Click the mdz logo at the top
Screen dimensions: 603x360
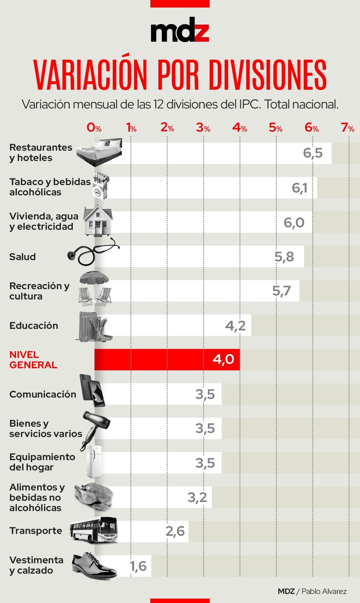[180, 30]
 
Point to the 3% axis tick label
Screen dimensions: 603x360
[203, 128]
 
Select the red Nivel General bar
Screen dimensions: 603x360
[167, 359]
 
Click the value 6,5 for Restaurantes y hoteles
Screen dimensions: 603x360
[312, 153]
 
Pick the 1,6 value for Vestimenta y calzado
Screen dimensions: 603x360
[138, 566]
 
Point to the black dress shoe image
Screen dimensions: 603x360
[94, 565]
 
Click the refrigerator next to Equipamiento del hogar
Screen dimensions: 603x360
[94, 461]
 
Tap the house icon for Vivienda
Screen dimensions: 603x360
[98, 220]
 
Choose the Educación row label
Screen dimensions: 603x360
[34, 325]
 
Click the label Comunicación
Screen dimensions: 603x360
[43, 394]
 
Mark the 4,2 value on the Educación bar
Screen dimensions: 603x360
[235, 326]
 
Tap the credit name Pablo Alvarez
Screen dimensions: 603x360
[324, 591]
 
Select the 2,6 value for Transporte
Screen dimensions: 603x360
[175, 531]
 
